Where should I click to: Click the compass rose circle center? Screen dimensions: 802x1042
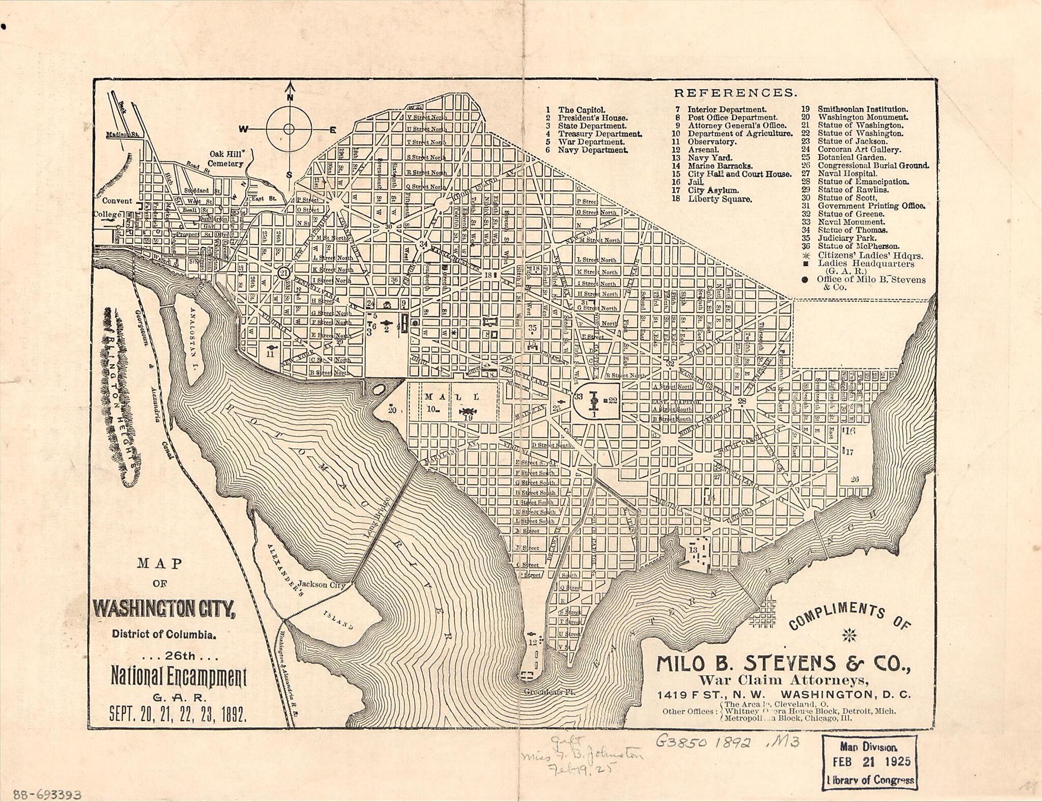(288, 129)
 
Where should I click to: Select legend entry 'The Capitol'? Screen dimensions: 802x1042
(582, 110)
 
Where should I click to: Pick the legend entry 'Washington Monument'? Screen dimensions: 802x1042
(862, 117)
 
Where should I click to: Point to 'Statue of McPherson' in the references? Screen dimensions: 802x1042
(858, 246)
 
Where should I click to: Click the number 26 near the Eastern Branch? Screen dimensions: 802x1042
(854, 479)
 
